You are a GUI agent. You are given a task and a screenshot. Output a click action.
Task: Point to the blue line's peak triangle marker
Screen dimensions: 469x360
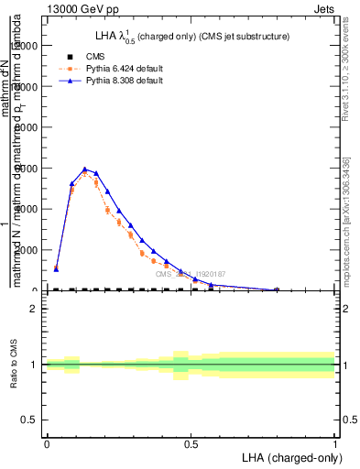tap(84, 169)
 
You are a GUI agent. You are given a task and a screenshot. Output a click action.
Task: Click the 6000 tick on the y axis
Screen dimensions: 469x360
tap(30, 169)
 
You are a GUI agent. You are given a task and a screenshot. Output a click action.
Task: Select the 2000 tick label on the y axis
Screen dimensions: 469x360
tap(30, 250)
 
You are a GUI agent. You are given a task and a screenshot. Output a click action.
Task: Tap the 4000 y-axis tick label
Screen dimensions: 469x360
tap(30, 209)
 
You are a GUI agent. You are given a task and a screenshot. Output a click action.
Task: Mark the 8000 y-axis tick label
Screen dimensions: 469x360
tap(30, 127)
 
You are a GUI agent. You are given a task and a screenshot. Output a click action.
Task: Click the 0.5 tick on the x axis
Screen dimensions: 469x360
tap(191, 444)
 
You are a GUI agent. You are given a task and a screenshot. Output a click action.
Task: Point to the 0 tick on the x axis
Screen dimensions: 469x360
tap(47, 444)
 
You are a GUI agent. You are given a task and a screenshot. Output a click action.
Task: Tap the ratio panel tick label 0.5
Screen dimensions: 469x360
tap(30, 420)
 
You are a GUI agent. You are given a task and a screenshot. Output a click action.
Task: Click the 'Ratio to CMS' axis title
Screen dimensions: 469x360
tap(13, 365)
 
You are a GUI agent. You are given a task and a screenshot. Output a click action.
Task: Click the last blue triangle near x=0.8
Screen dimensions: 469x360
tap(277, 289)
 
